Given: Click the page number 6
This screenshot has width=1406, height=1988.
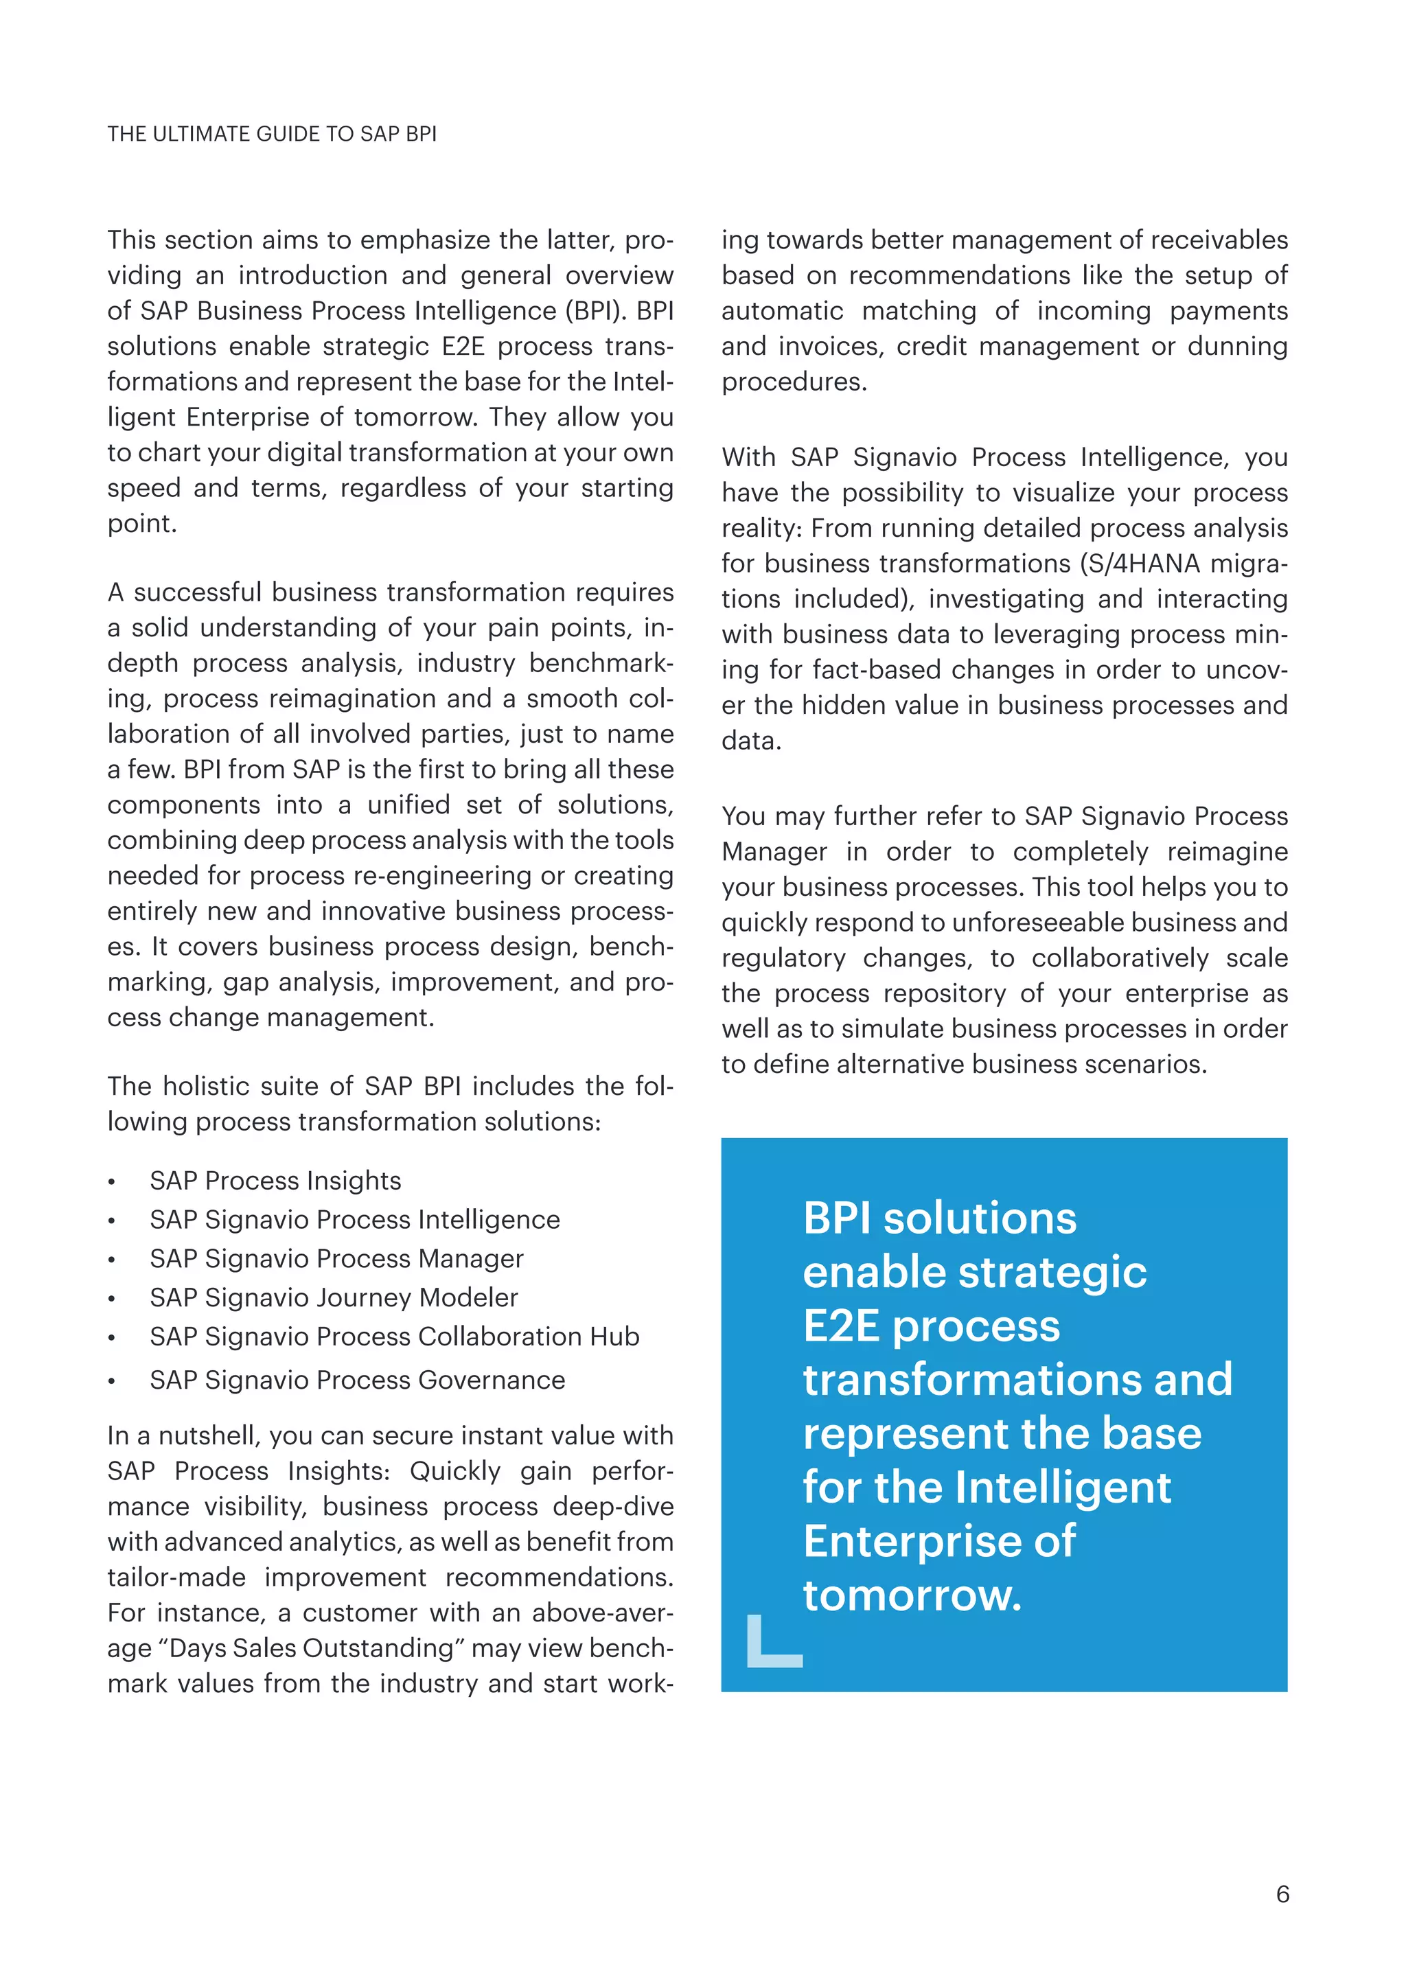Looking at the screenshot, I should coord(1282,1894).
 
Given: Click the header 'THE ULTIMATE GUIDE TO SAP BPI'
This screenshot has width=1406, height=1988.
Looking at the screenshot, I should coord(272,135).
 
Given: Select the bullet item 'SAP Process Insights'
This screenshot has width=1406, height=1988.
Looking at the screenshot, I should coord(275,1180).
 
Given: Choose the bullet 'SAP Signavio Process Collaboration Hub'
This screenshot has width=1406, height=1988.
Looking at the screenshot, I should coord(394,1336).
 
